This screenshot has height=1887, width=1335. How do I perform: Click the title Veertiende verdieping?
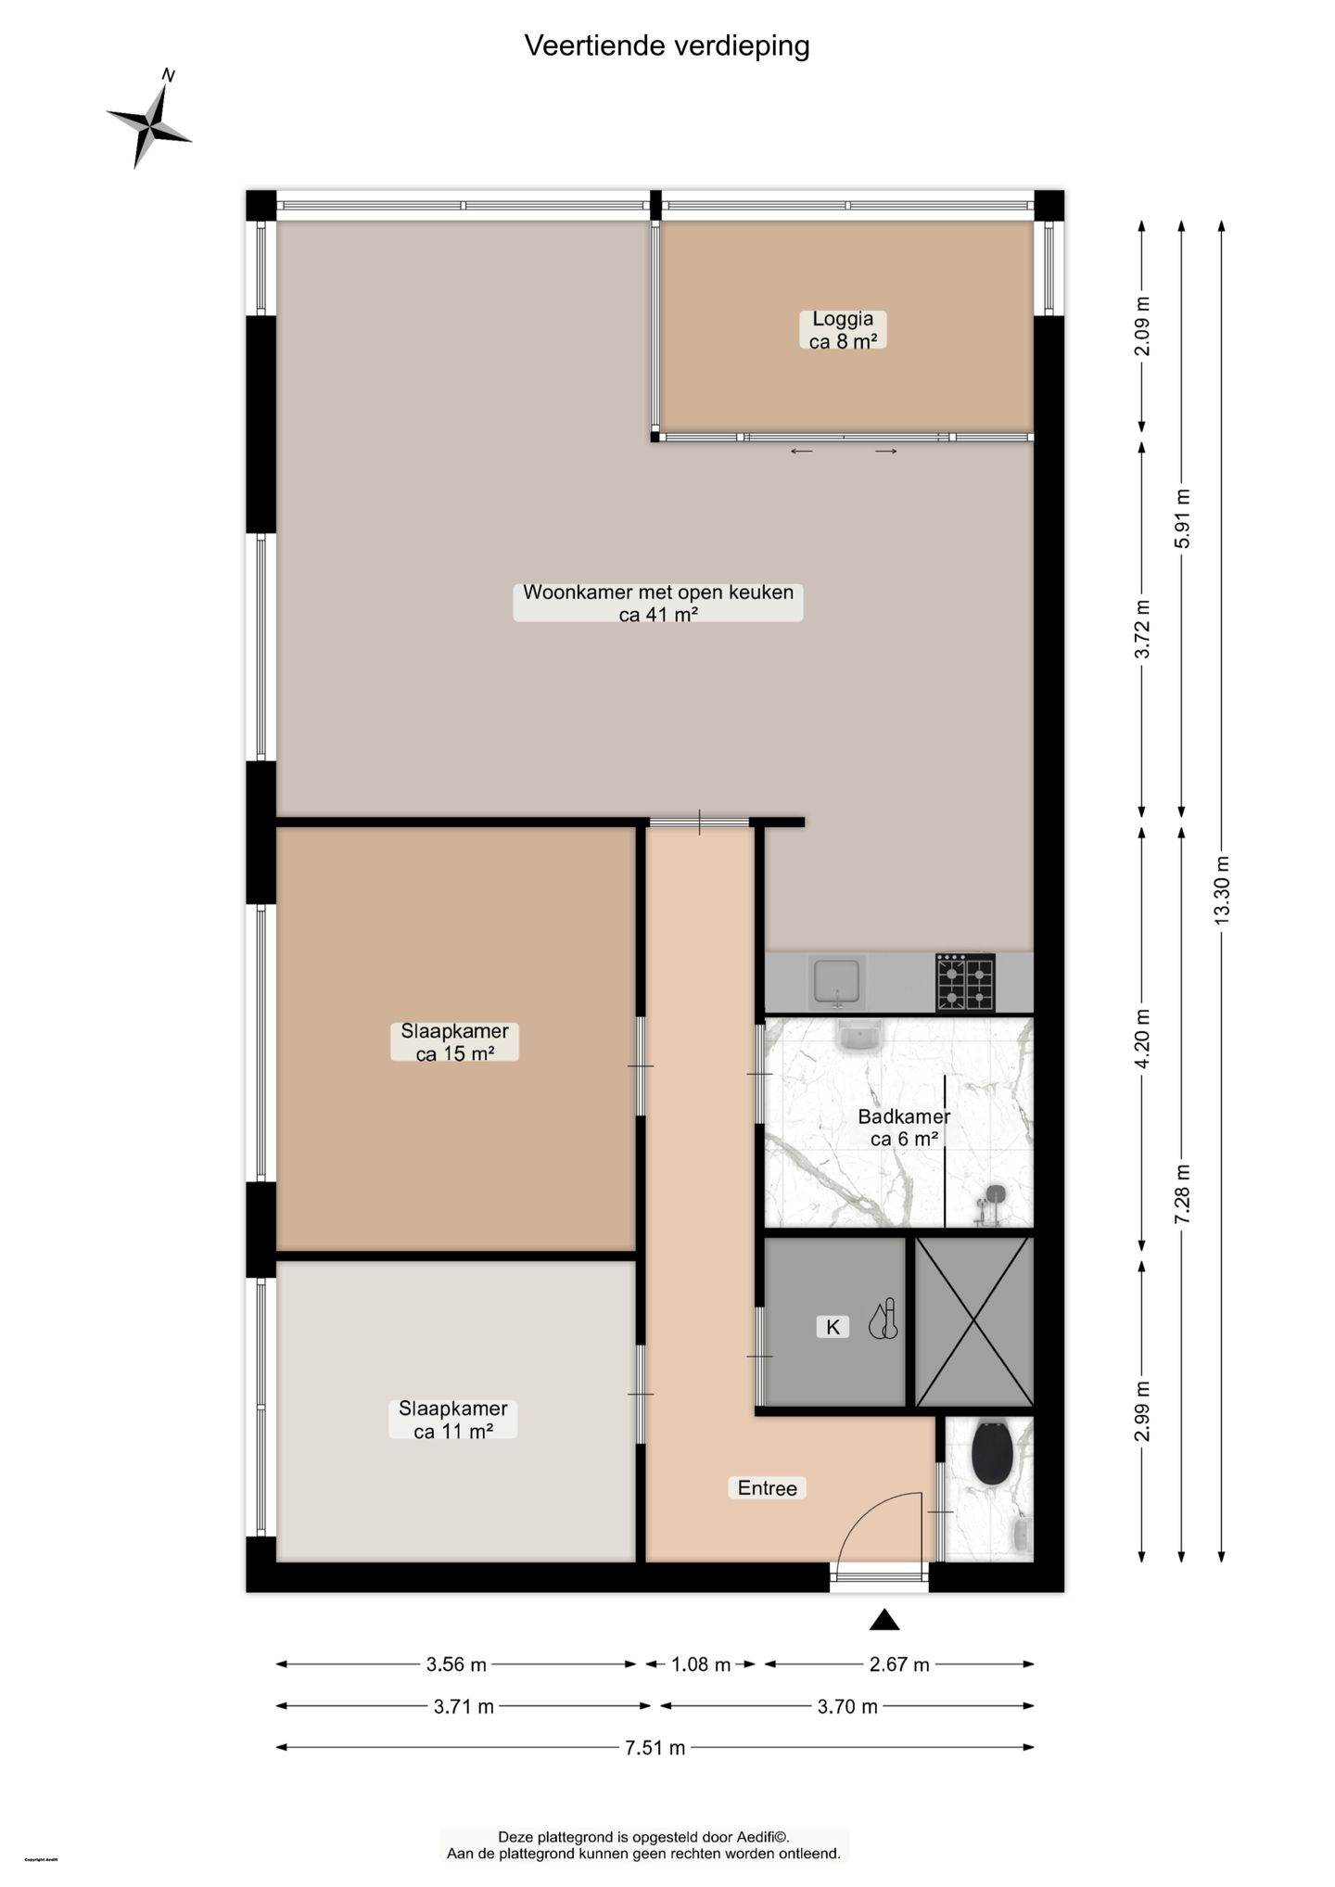click(667, 45)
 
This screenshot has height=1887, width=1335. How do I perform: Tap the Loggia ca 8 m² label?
click(843, 330)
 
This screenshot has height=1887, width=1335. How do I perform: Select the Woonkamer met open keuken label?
click(657, 603)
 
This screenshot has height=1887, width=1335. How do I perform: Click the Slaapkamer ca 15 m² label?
click(454, 1042)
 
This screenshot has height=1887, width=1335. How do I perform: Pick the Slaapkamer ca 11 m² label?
click(452, 1420)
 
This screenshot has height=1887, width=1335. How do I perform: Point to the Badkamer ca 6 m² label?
click(903, 1128)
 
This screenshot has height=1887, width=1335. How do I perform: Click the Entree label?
click(767, 1488)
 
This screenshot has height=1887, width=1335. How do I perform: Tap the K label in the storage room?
click(833, 1327)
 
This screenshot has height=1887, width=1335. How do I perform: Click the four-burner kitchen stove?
click(964, 982)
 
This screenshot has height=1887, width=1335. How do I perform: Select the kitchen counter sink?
click(838, 982)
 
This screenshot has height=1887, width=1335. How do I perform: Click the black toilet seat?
click(991, 1453)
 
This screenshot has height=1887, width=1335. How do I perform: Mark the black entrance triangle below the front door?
click(884, 1620)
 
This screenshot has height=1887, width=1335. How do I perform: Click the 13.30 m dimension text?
click(1222, 899)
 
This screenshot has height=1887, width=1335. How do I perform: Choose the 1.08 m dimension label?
click(701, 1664)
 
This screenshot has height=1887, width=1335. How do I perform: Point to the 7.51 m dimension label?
click(655, 1748)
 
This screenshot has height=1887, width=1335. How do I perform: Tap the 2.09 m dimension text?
click(1142, 325)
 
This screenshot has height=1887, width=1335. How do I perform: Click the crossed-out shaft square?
click(973, 1321)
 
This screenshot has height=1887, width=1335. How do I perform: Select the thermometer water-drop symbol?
click(884, 1320)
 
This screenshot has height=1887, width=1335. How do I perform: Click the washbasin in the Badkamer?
click(858, 1036)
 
